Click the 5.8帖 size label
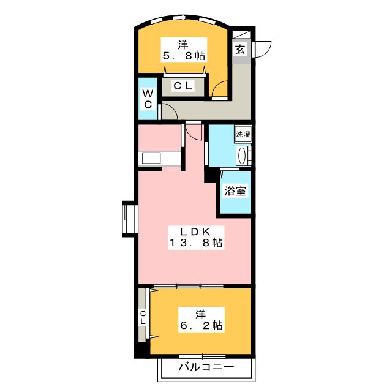pyautogui.click(x=183, y=56)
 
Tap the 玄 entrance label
pyautogui.click(x=239, y=50)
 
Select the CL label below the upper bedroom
pyautogui.click(x=183, y=86)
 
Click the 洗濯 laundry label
pyautogui.click(x=243, y=134)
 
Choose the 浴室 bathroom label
pyautogui.click(x=235, y=190)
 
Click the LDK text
pyautogui.click(x=195, y=231)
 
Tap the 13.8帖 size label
pyautogui.click(x=195, y=243)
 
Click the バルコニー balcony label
pyautogui.click(x=206, y=367)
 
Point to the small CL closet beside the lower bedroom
pyautogui.click(x=142, y=318)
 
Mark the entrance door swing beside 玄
pyautogui.click(x=263, y=48)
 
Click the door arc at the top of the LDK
pyautogui.click(x=193, y=131)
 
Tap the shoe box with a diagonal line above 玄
pyautogui.click(x=239, y=35)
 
